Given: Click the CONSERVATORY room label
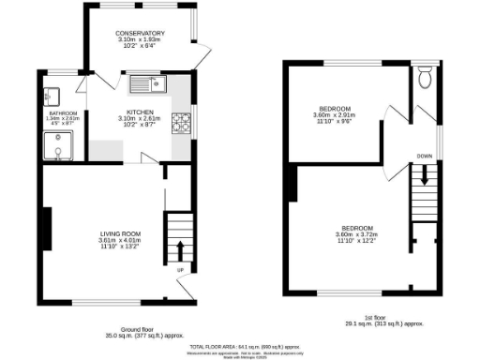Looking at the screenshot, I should pyautogui.click(x=141, y=34).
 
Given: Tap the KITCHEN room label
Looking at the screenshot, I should pyautogui.click(x=140, y=111).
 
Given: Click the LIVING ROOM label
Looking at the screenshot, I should pyautogui.click(x=121, y=232).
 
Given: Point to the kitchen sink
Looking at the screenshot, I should pyautogui.click(x=146, y=84).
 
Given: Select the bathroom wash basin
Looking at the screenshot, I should pyautogui.click(x=52, y=95).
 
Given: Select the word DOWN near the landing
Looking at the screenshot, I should pyautogui.click(x=425, y=155).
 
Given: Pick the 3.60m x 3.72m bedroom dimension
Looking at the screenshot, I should pyautogui.click(x=357, y=234).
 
